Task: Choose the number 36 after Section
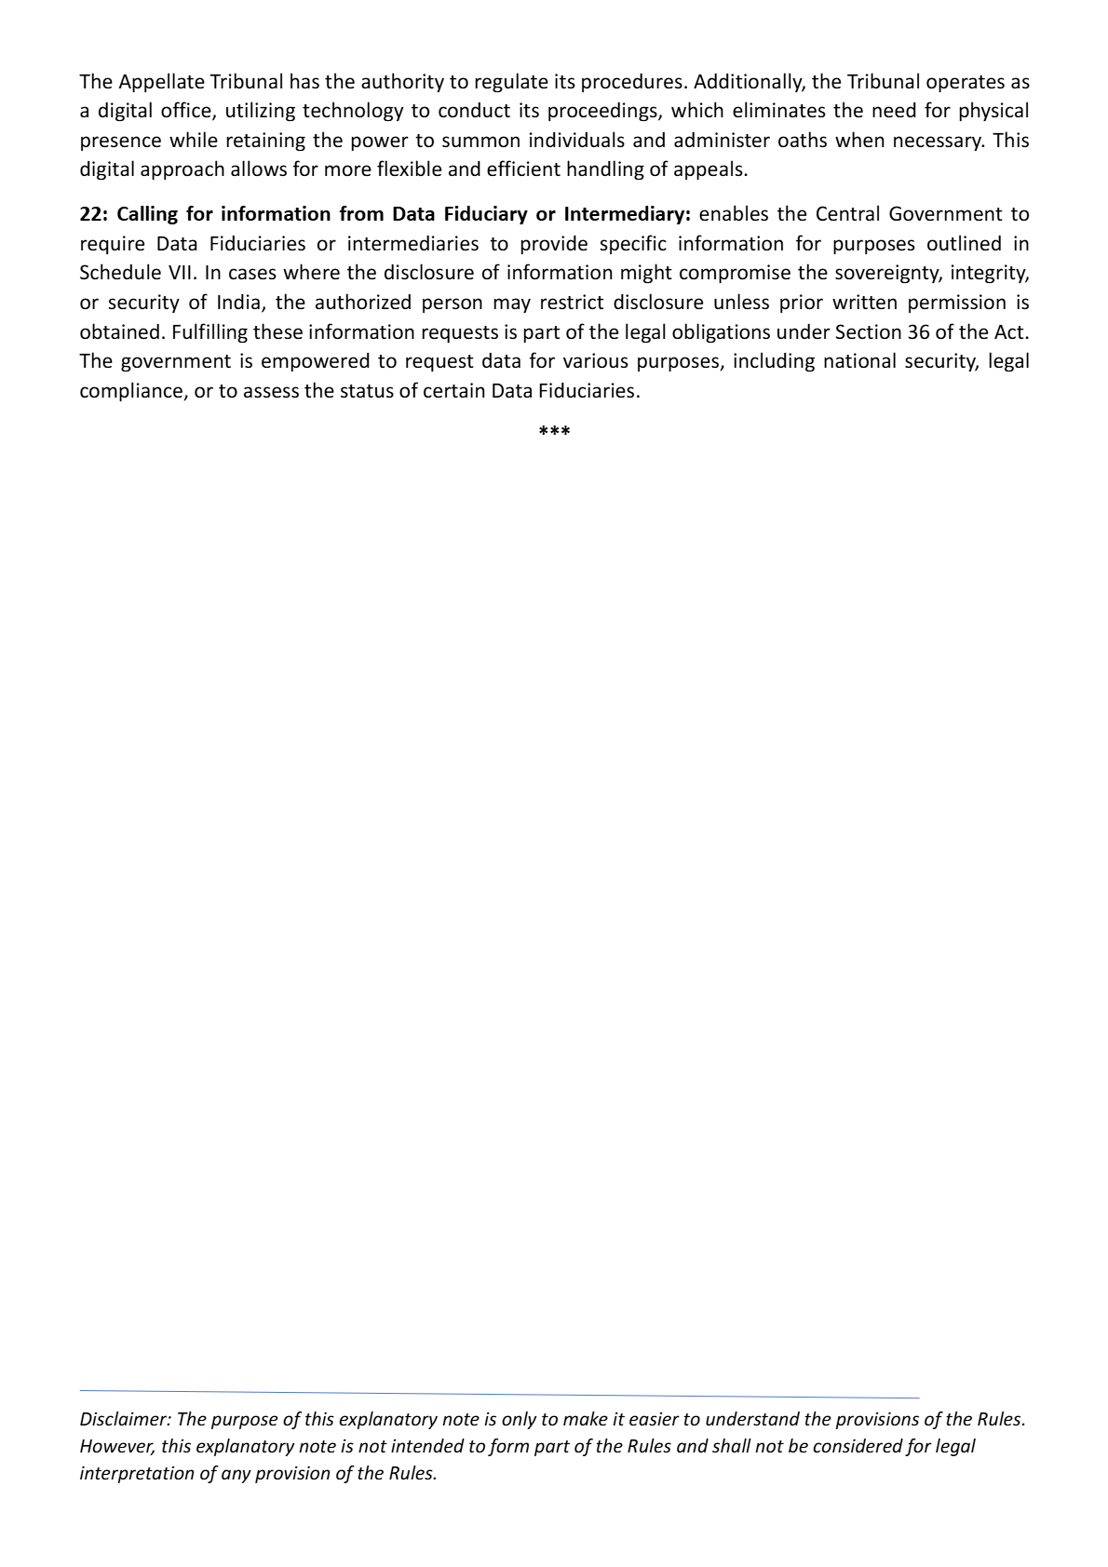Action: click(918, 331)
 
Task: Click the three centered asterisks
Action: click(554, 432)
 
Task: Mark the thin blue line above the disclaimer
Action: click(499, 1395)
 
